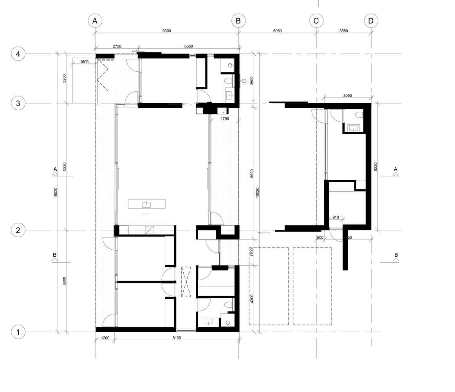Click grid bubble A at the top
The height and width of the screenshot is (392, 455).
(95, 21)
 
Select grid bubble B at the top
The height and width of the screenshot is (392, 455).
(238, 21)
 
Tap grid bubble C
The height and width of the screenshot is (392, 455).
(316, 21)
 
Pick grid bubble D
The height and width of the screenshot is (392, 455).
(371, 21)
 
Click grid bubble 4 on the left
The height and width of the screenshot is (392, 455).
(18, 54)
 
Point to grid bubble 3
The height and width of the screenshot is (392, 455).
(18, 103)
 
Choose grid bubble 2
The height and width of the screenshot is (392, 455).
(18, 230)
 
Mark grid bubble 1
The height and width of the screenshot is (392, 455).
(18, 332)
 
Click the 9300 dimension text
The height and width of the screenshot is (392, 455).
(166, 31)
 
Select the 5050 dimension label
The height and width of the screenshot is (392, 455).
(277, 31)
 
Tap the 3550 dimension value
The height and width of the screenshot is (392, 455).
(343, 31)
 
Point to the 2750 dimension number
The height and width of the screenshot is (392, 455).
(117, 46)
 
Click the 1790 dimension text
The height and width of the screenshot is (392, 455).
(225, 118)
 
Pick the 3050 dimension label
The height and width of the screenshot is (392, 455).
(347, 95)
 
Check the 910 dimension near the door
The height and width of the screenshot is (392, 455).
(336, 217)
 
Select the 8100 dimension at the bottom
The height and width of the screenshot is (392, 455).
(177, 338)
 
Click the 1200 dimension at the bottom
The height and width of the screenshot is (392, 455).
(105, 338)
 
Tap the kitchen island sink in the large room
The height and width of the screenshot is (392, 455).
(146, 205)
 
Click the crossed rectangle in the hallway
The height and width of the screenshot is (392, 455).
(186, 282)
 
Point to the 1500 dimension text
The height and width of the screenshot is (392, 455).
(84, 62)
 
